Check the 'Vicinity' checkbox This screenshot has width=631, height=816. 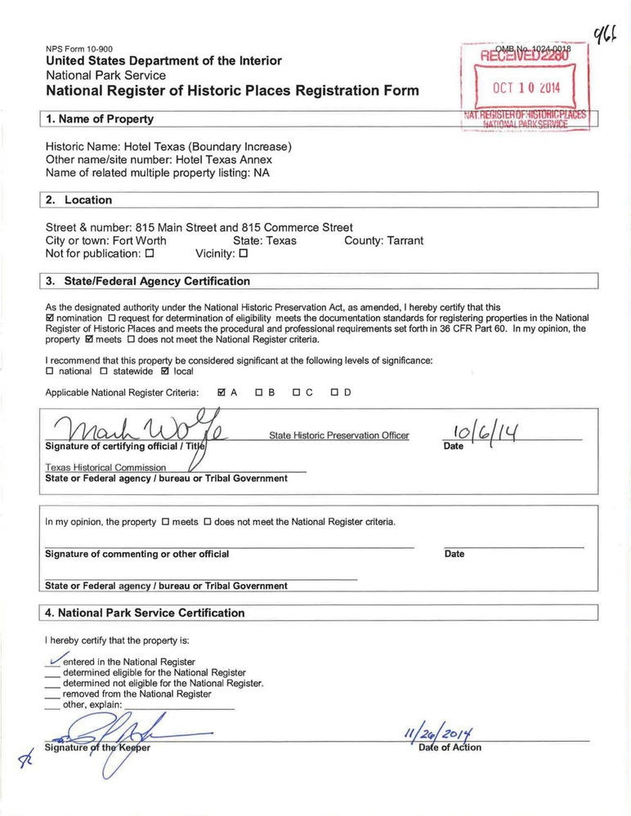tap(244, 254)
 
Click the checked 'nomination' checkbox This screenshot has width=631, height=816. tap(50, 318)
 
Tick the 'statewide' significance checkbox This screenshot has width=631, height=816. tap(104, 372)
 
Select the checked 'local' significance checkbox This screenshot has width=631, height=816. tap(165, 372)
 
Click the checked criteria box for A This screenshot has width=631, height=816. tap(222, 393)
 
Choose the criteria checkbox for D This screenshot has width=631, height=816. tap(335, 393)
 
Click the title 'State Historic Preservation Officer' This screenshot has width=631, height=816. tap(339, 435)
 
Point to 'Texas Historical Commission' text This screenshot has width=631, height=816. tap(105, 467)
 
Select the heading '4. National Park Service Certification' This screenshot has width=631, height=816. tap(145, 613)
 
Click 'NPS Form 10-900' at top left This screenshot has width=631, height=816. tap(79, 49)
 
